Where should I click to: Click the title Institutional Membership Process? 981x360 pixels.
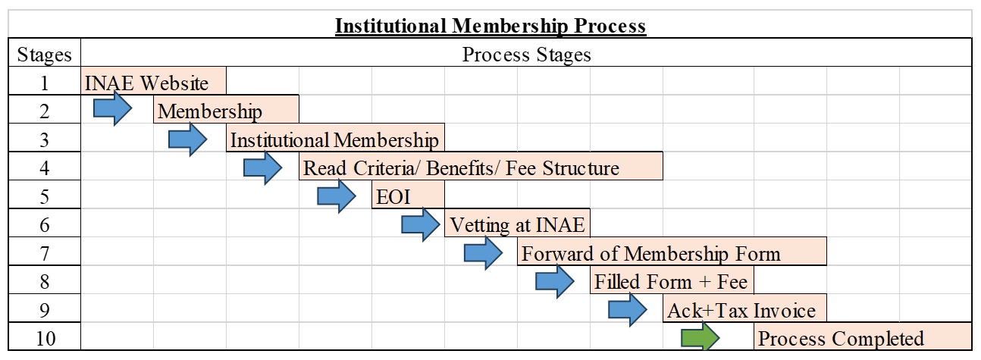coord(490,26)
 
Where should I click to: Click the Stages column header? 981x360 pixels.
coord(44,55)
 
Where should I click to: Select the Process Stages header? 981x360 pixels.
coord(526,55)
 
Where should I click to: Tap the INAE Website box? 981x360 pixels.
coord(153,80)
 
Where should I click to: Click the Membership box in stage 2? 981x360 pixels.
coord(226,109)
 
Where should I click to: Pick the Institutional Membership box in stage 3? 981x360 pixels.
coord(335,137)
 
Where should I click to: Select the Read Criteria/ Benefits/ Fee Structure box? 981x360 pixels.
coord(481,166)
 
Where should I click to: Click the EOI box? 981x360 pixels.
coord(408,195)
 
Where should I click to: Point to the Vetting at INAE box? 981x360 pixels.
coord(517,223)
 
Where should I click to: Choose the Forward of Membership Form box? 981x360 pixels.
coord(672,252)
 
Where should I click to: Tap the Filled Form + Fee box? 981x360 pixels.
coord(672,280)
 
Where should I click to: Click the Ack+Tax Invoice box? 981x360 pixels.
coord(744,308)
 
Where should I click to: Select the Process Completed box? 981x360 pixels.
coord(863,337)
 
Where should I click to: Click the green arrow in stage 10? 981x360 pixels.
coord(700,337)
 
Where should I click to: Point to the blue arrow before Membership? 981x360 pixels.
coord(112,108)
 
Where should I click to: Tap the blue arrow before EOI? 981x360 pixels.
coord(337,196)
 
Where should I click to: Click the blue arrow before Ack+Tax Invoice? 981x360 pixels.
coord(627,310)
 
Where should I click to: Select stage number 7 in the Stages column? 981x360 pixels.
coord(44,254)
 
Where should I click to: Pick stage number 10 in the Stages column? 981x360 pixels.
coord(45,339)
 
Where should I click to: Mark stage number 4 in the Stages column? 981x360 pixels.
coord(44,168)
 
